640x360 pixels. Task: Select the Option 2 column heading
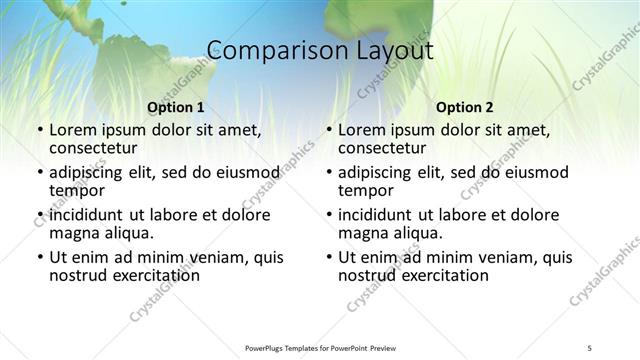point(465,107)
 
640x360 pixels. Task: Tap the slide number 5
point(590,347)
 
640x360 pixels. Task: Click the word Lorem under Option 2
point(362,130)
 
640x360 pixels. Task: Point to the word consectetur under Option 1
point(96,149)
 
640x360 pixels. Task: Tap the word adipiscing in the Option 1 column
point(93,172)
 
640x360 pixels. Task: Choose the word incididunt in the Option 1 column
point(90,215)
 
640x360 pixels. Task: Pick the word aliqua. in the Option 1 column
point(128,233)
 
